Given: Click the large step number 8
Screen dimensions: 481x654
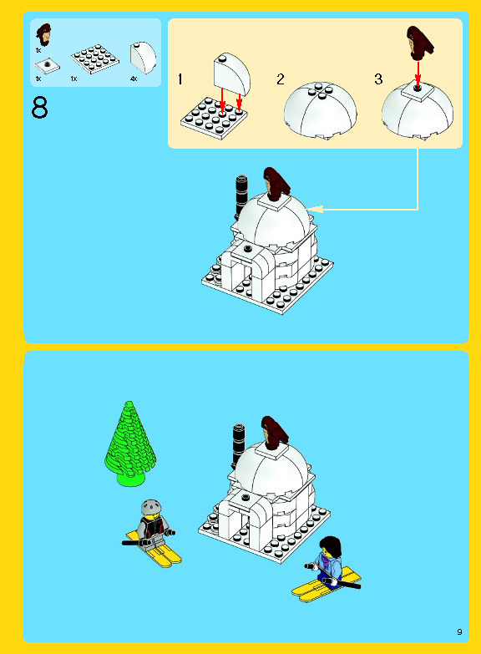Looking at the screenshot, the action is click(39, 108).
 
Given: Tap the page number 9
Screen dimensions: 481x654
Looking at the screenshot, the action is click(459, 632).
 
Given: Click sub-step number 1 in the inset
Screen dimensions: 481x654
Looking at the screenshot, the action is click(180, 79).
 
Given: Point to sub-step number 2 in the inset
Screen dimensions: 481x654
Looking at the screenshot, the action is click(281, 79).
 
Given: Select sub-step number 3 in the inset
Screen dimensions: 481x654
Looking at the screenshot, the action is click(378, 79).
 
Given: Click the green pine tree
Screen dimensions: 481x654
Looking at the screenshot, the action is click(129, 444).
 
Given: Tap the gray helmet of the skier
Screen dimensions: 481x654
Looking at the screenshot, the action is click(150, 507).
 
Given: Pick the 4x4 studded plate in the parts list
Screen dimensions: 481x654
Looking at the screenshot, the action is click(94, 58).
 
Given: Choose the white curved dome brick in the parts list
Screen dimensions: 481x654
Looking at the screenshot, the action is click(143, 57).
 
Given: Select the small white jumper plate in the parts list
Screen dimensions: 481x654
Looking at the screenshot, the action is click(47, 66).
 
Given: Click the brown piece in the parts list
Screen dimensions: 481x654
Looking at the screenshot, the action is click(43, 34).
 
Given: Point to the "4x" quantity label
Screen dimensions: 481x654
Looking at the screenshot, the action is click(134, 79).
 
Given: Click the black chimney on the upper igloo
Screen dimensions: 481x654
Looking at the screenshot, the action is click(241, 195).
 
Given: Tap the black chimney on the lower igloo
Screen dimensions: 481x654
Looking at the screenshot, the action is click(239, 444).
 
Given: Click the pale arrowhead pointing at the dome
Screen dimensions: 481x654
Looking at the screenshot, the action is click(316, 209).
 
